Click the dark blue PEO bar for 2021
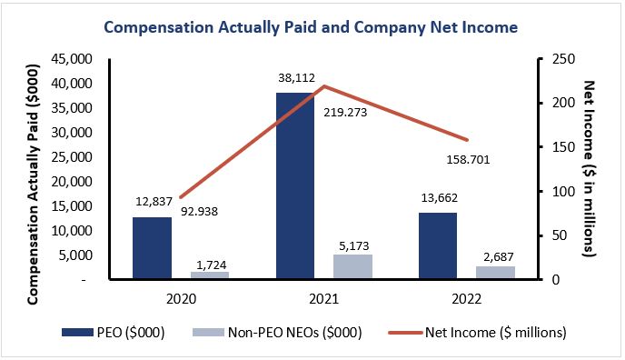(x=295, y=185)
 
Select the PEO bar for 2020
(x=152, y=247)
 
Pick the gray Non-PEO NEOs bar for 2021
(x=353, y=266)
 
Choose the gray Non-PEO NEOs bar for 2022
(x=496, y=273)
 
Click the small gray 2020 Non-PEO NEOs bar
(x=210, y=275)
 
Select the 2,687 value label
(x=496, y=255)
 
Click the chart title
(x=311, y=27)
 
